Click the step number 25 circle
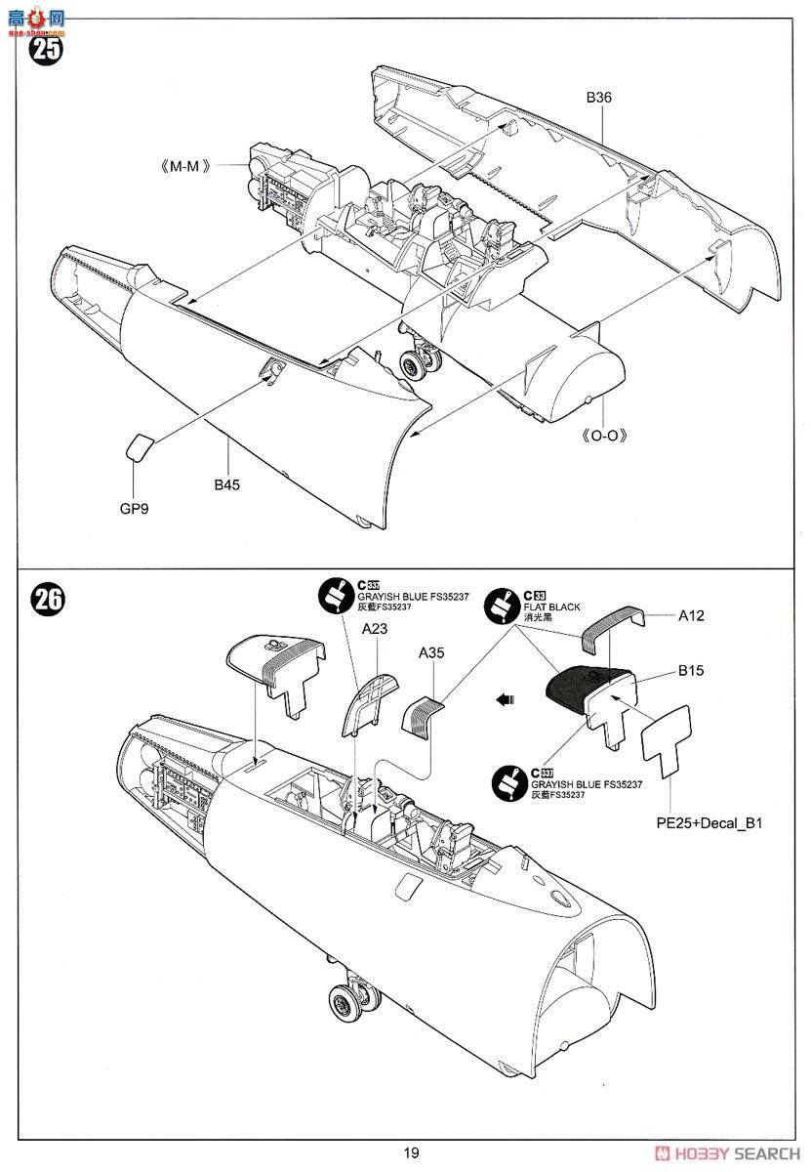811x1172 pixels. point(46,48)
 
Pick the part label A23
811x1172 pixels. point(375,630)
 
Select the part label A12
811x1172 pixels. point(689,615)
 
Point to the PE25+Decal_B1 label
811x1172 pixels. point(709,823)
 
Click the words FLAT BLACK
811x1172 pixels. point(551,607)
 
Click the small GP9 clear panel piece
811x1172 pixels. point(139,447)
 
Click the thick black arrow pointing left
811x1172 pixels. point(504,699)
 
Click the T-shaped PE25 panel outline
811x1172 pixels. point(668,734)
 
